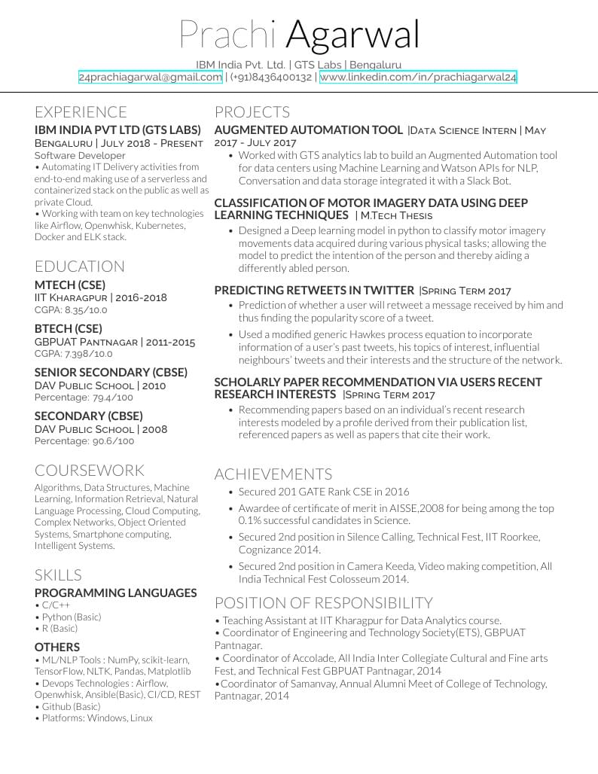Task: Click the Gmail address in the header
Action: click(150, 78)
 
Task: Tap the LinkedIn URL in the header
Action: click(418, 78)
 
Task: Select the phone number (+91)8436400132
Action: click(271, 78)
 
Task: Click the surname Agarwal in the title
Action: click(352, 35)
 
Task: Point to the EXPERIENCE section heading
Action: click(81, 112)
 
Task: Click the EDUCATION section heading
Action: click(80, 267)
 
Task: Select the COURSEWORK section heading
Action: click(90, 471)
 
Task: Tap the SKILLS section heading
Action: click(58, 575)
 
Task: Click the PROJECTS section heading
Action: click(252, 112)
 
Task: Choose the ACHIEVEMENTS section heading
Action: click(273, 474)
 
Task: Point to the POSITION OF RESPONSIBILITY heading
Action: click(324, 603)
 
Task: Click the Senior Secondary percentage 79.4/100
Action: click(113, 398)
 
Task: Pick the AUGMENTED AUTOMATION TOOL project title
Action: click(309, 130)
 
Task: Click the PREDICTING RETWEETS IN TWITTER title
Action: click(314, 290)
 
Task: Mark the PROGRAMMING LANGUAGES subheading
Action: click(115, 593)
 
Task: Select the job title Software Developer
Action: click(80, 156)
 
